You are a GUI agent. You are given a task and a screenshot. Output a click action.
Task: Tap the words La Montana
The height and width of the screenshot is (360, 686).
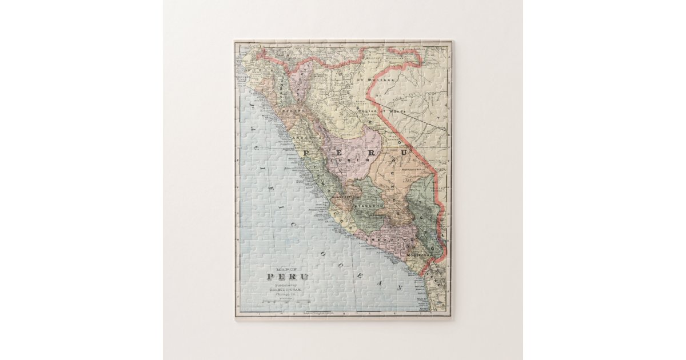(381, 80)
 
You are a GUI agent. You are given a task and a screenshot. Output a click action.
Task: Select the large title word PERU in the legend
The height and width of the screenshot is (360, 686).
(288, 277)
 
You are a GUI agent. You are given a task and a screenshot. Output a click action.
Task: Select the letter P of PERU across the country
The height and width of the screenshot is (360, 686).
(307, 153)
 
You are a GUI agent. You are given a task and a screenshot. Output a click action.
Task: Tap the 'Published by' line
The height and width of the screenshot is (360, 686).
(288, 285)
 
